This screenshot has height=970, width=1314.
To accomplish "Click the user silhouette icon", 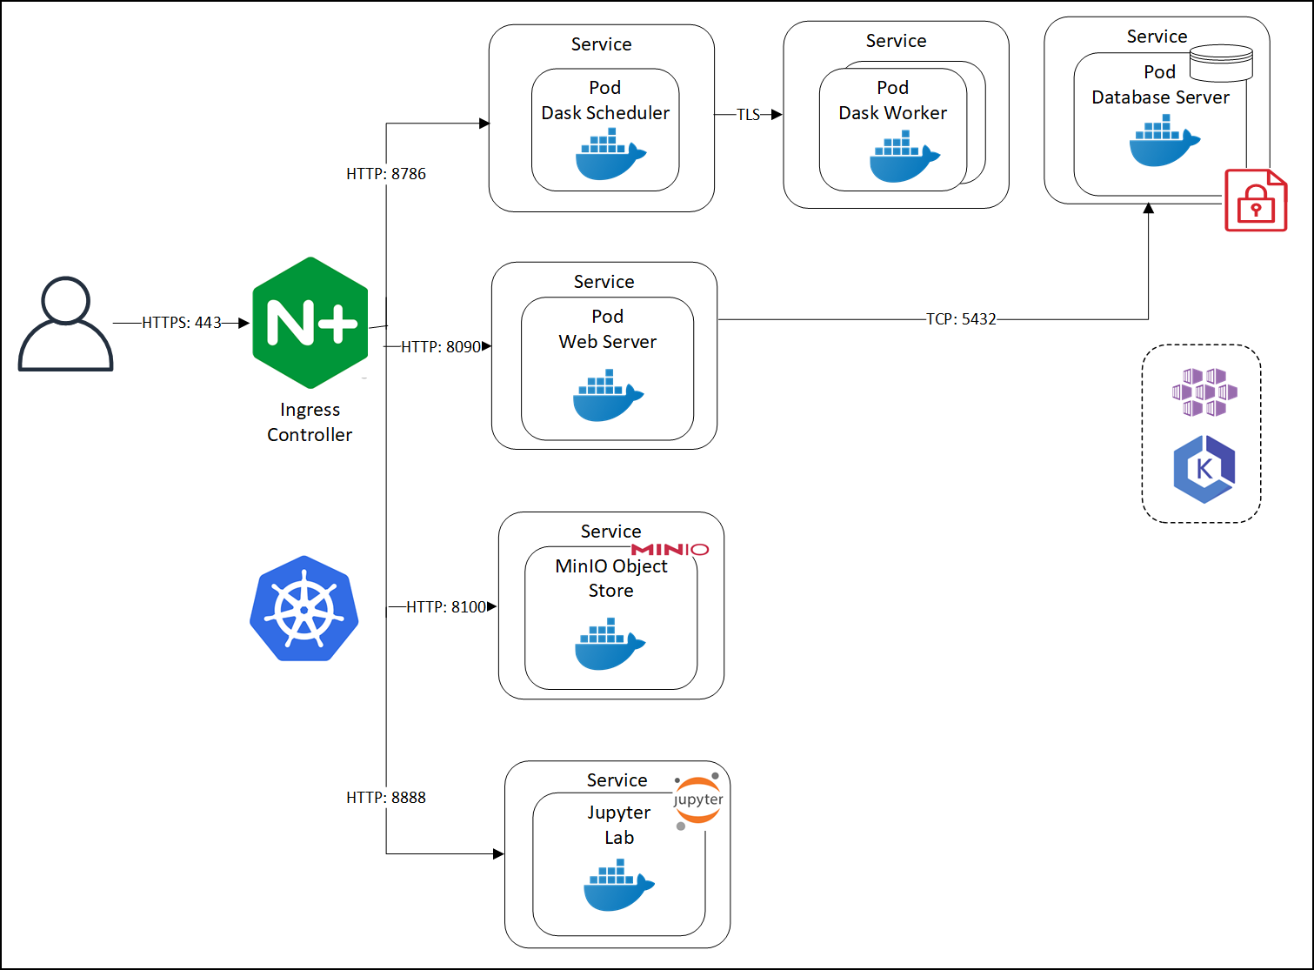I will pos(66,324).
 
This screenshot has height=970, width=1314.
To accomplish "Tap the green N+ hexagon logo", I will pos(310,323).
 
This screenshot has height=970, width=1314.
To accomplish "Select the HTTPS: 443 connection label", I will pos(182,323).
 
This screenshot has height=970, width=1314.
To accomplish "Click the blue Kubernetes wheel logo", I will pos(304,608).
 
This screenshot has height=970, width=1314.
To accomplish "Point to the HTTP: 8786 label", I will pos(386,174).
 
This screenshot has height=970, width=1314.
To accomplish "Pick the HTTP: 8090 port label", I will pos(440,347).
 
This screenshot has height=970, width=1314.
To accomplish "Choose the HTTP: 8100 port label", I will pos(446,607).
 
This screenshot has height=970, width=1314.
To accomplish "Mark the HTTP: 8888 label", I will pos(386,798).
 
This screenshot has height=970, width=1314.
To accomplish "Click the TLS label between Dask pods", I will pos(748,115).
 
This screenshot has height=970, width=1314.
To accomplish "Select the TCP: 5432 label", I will pos(961,319).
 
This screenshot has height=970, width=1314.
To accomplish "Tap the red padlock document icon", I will pos(1256,201).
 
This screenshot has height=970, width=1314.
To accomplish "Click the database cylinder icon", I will pos(1221,63).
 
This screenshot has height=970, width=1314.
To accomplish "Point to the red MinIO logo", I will pos(670,550).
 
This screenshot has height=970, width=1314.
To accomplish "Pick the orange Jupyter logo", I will pos(697,800).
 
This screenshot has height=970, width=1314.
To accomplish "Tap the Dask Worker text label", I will pos(892,113).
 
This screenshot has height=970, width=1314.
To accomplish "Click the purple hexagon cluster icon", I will pos(1204,391).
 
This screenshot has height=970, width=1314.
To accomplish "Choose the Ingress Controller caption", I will pos(310,422).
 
